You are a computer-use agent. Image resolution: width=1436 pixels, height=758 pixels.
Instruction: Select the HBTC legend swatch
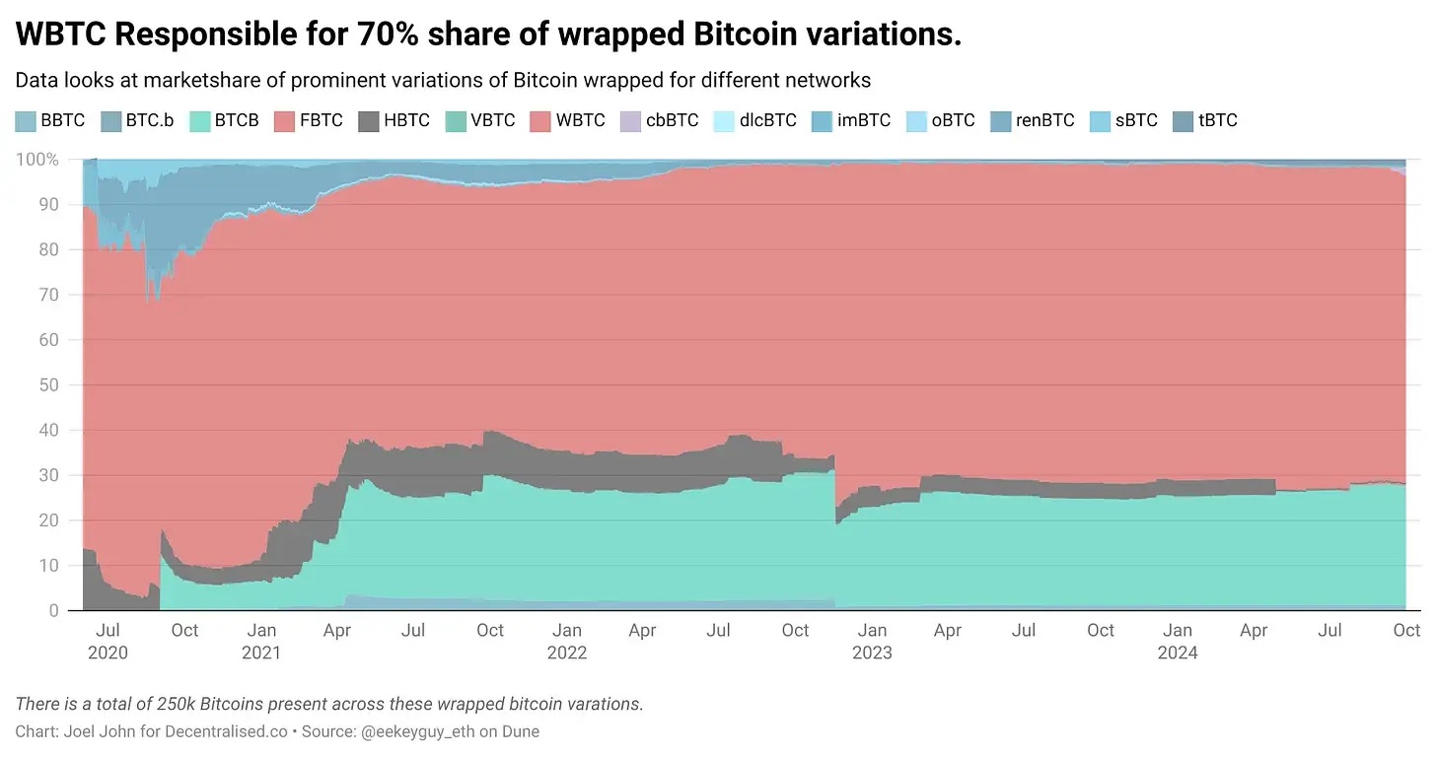click(x=368, y=121)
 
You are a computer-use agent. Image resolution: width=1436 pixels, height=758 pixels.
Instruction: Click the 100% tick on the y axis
click(x=38, y=160)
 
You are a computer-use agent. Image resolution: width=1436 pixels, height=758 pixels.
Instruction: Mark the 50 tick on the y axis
click(x=49, y=385)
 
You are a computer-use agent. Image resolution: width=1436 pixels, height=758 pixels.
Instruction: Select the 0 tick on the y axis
click(x=53, y=611)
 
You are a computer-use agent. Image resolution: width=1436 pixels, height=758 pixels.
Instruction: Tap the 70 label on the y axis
click(x=49, y=295)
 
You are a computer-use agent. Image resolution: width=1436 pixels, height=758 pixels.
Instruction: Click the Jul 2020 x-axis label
click(x=108, y=641)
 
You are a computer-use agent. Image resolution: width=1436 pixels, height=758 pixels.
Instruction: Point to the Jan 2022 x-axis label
click(x=566, y=641)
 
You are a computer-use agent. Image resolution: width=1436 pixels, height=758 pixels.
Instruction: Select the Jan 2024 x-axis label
click(x=1177, y=641)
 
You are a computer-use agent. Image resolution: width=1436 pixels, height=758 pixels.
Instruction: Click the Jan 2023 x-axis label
click(x=872, y=641)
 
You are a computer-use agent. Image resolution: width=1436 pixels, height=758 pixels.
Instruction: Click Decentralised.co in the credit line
click(x=228, y=731)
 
